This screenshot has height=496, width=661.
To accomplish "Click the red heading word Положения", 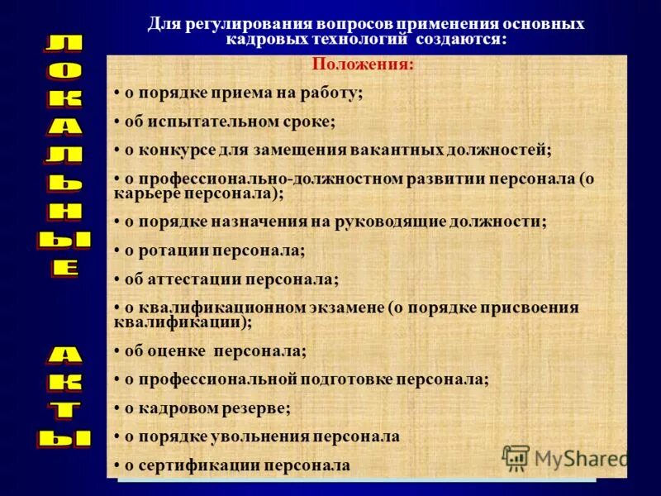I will [363, 64].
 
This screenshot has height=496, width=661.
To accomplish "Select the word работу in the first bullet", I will [332, 93].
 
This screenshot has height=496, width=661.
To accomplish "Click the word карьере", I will [145, 192].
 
